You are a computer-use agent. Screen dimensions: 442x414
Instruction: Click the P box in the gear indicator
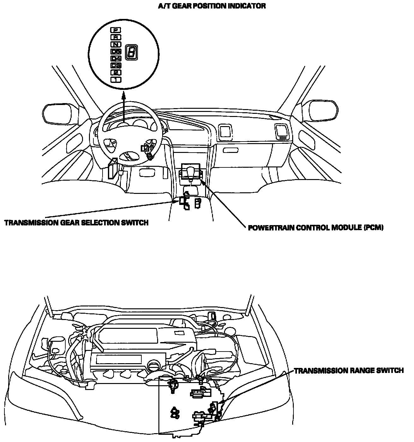click(x=116, y=30)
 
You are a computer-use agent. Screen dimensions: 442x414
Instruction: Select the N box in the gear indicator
click(x=116, y=44)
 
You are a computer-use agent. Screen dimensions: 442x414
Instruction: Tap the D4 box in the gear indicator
click(x=116, y=58)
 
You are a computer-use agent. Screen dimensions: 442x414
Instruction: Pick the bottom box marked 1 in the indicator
click(x=116, y=79)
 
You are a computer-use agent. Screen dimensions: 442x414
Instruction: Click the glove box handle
click(x=230, y=150)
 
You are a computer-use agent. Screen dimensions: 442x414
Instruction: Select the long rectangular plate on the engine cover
click(x=119, y=359)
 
